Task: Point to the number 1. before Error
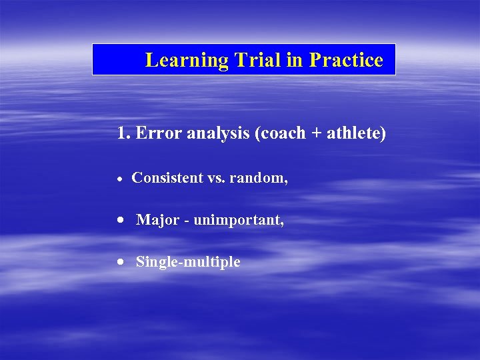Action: click(x=123, y=133)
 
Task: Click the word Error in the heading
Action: click(x=155, y=133)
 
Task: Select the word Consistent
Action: click(x=167, y=178)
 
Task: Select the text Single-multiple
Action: click(x=188, y=262)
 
